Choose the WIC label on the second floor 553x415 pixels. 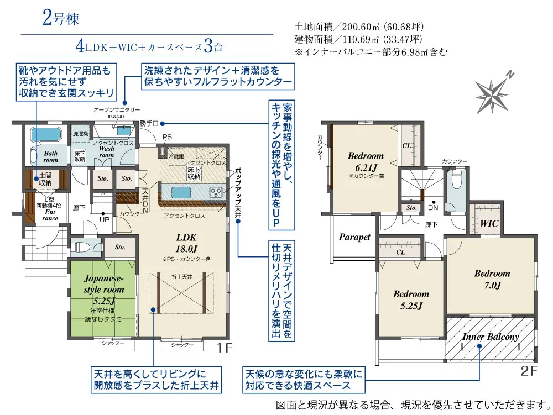click(x=488, y=224)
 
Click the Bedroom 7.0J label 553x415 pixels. click(x=491, y=279)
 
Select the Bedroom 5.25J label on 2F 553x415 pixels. click(x=411, y=300)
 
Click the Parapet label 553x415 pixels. click(x=354, y=237)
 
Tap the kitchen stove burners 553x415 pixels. click(x=215, y=192)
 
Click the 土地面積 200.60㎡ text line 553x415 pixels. click(x=359, y=27)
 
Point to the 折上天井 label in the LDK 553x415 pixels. click(x=182, y=276)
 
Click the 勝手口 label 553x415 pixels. click(x=149, y=123)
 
